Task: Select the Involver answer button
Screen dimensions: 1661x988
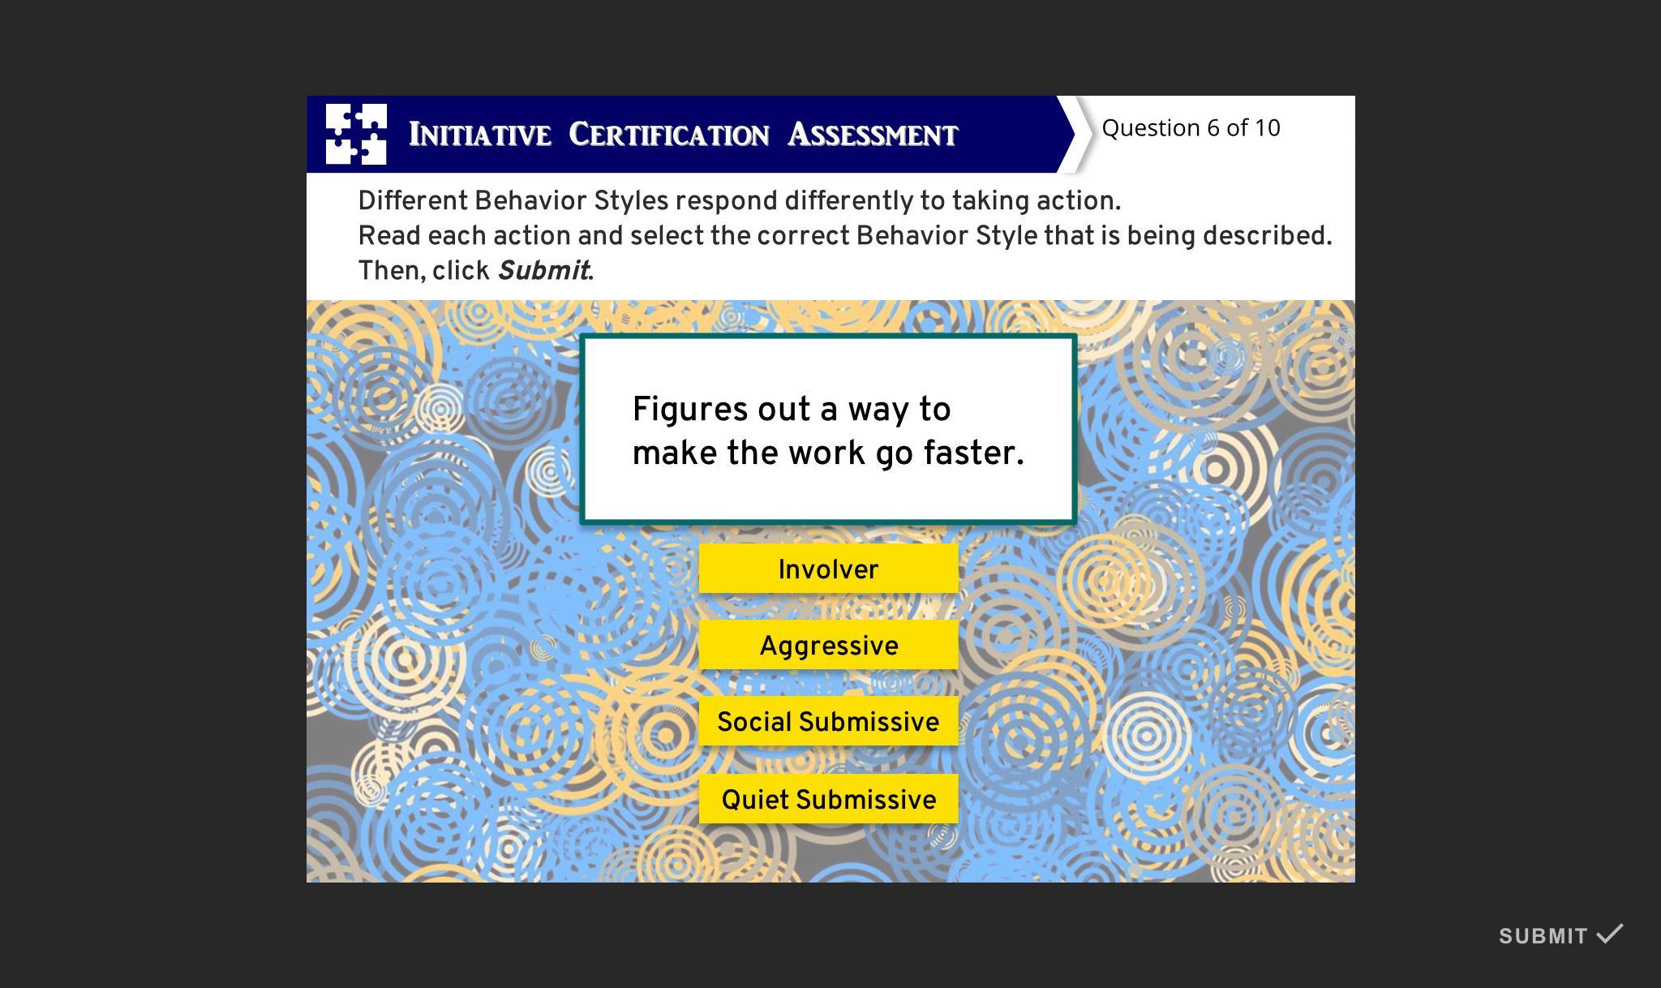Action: point(828,569)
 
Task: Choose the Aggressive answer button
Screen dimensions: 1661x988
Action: point(828,645)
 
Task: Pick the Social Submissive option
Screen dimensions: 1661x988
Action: point(828,721)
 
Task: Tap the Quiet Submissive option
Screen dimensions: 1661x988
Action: point(828,799)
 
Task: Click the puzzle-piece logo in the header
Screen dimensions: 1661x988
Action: point(356,134)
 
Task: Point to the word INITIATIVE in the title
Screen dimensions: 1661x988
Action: point(480,135)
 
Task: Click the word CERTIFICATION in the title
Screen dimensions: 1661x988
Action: point(669,135)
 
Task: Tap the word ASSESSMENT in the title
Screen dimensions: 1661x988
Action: point(873,135)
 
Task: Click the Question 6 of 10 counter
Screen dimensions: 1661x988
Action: point(1191,127)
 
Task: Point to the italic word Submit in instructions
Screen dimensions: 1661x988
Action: point(543,270)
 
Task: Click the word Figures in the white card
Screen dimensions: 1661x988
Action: point(691,410)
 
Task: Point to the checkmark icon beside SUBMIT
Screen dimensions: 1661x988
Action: point(1610,933)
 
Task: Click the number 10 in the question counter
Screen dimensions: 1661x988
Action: point(1267,127)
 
